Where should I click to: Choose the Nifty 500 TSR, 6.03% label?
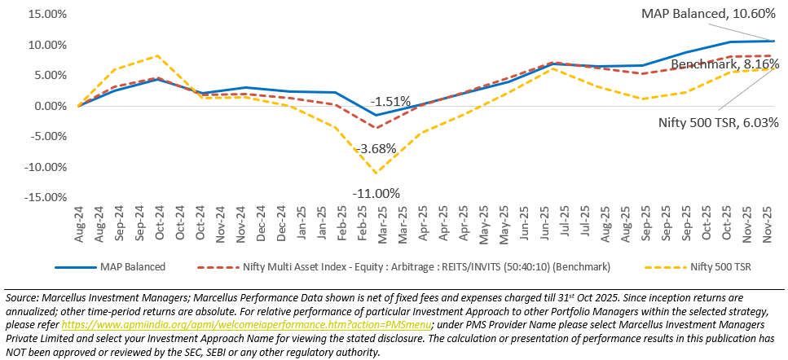pyautogui.click(x=720, y=123)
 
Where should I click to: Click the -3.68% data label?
pyautogui.click(x=376, y=148)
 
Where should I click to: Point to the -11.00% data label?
pyautogui.click(x=376, y=193)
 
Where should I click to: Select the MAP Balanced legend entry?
pyautogui.click(x=133, y=266)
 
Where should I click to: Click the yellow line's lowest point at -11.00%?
pyautogui.click(x=376, y=173)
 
